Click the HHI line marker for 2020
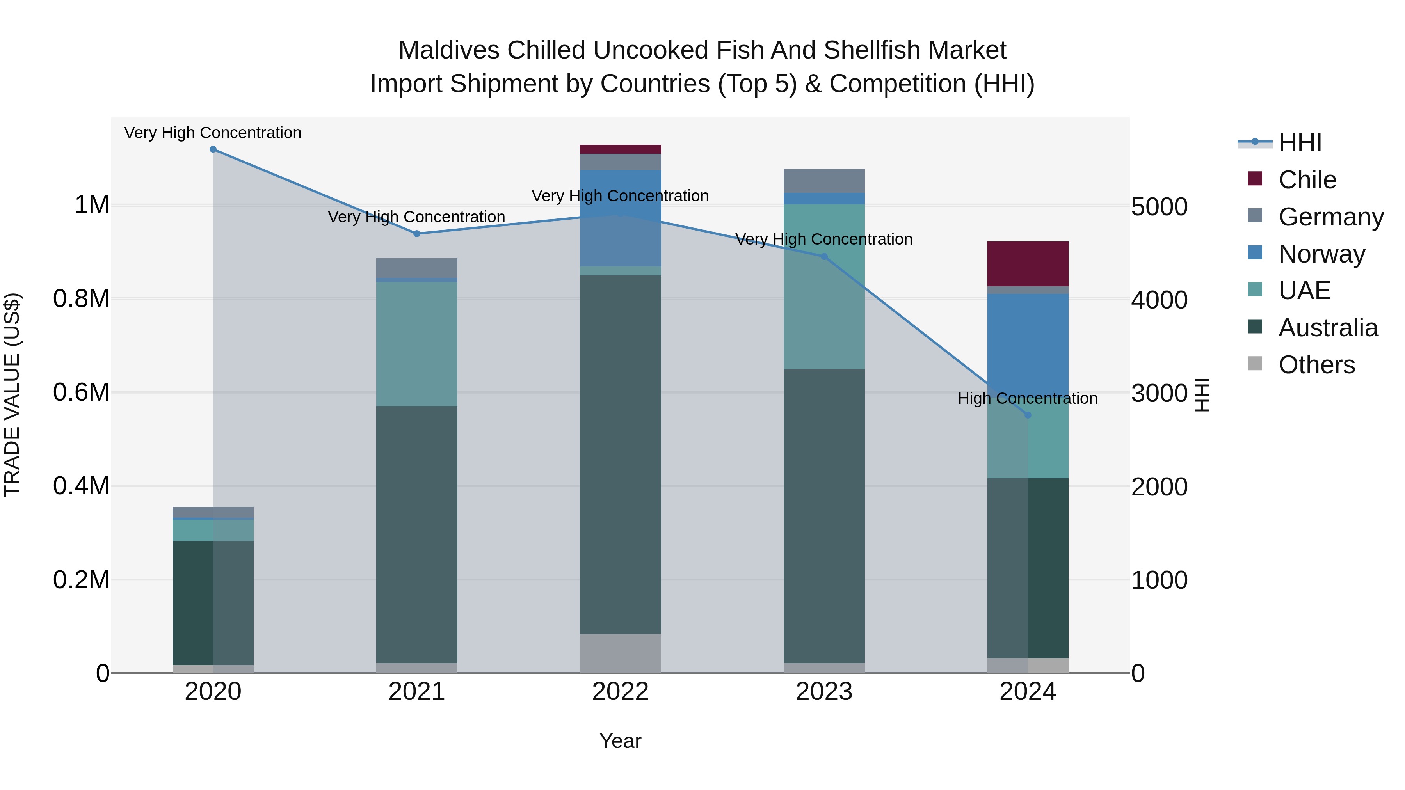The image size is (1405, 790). point(213,149)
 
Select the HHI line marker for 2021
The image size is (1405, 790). point(417,234)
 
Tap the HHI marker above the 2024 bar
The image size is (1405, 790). point(1028,415)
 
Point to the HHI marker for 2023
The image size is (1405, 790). point(824,257)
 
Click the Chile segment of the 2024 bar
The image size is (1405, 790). point(1028,264)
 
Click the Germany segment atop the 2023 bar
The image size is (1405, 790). point(824,181)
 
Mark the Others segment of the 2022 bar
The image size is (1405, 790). point(620,653)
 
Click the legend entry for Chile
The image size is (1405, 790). point(1307,180)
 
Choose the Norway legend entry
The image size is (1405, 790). point(1321,254)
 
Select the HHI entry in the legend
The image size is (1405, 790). point(1299,143)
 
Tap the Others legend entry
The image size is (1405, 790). point(1316,365)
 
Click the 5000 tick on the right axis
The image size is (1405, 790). point(1159,207)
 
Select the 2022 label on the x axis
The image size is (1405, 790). point(620,692)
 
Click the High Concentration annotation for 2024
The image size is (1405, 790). point(1028,399)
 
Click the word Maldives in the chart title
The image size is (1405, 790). point(449,50)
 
